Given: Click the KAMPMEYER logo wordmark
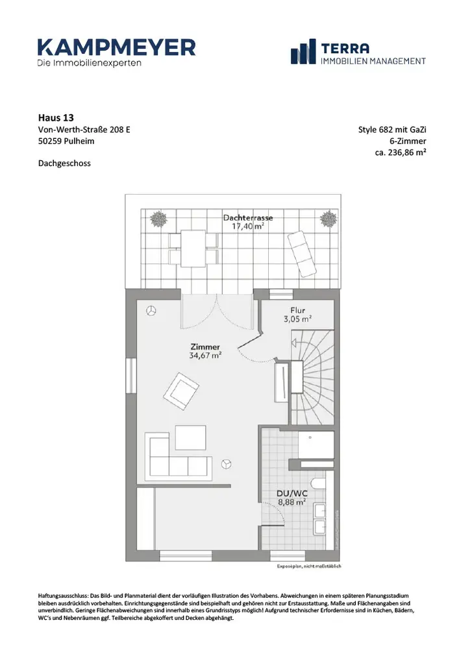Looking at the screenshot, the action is [x=116, y=47].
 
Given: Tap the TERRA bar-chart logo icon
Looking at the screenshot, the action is [x=303, y=52].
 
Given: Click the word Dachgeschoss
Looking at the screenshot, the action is [x=64, y=163].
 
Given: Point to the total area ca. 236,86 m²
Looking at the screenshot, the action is [x=401, y=152].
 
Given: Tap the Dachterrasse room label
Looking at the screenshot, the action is [x=248, y=217].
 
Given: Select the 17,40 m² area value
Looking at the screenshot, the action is [x=248, y=227].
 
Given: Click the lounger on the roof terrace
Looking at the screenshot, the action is [x=302, y=254].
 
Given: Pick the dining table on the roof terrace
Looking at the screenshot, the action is [x=193, y=249].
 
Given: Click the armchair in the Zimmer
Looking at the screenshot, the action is [x=181, y=389].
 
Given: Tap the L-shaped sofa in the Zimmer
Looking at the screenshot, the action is [x=179, y=456].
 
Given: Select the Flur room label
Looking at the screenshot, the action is [x=297, y=310].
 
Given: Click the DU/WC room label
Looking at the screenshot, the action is [x=292, y=493].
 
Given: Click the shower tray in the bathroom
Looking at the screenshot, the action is [x=316, y=445].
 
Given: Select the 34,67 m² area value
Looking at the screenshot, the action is [x=205, y=355].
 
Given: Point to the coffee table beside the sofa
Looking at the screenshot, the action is [x=190, y=437].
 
